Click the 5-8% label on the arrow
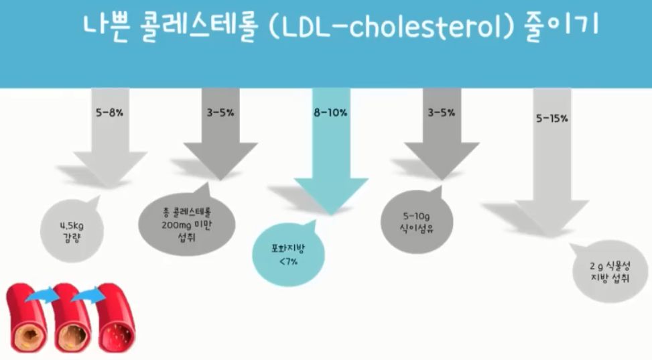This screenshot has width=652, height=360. [110, 113]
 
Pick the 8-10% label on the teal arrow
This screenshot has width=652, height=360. [331, 113]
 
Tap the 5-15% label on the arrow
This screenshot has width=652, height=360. [552, 119]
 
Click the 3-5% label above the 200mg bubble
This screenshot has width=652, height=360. [220, 113]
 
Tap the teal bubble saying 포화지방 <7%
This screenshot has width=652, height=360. [288, 255]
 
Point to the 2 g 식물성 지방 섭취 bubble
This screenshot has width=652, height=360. [604, 273]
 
